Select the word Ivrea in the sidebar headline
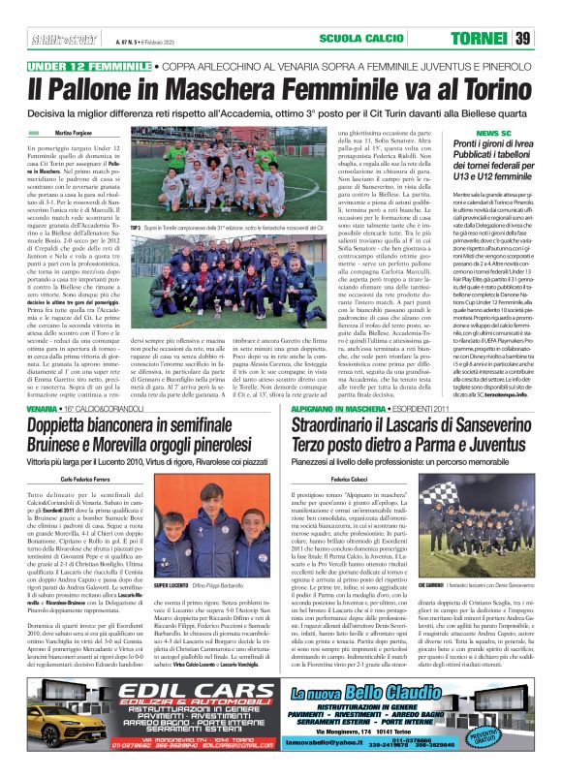513,142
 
